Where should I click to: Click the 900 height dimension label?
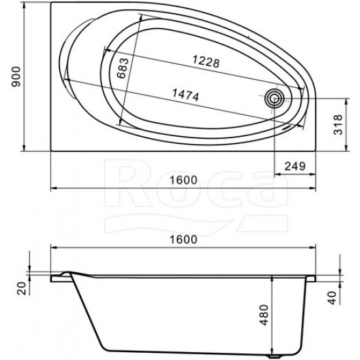point(16,77)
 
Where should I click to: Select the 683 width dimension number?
point(122,69)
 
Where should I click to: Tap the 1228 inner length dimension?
point(206,62)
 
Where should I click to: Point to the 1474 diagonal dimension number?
point(185,95)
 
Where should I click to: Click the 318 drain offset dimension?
point(338,124)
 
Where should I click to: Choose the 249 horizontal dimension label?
point(295,166)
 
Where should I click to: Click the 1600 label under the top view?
point(183,180)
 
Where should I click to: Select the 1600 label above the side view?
point(183,240)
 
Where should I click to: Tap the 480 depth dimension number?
point(264,315)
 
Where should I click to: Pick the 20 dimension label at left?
point(22,289)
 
